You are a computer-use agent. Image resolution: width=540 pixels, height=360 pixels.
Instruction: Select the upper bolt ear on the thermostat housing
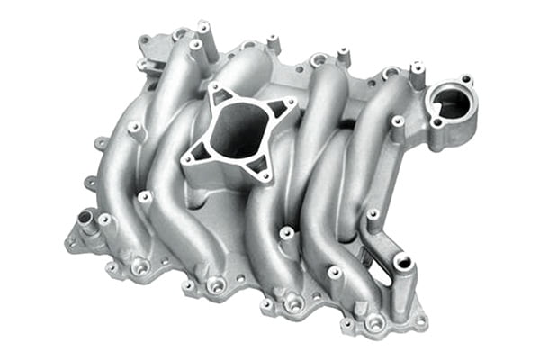point(464,79)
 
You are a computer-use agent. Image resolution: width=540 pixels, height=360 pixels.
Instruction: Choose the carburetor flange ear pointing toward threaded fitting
point(192,160)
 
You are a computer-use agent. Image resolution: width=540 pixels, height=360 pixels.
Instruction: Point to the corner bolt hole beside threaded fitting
point(71,241)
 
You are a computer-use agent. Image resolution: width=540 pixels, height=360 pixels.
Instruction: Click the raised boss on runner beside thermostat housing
point(397,122)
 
